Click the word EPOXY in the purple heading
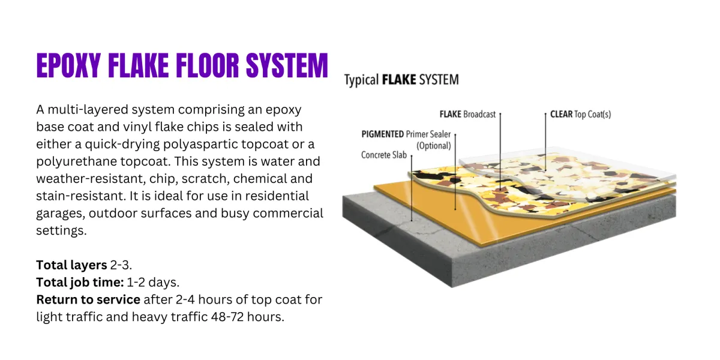point(68,65)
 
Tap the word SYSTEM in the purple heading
point(287,65)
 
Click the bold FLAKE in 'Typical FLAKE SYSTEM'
point(399,80)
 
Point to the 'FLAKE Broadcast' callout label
point(467,115)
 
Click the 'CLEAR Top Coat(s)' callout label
point(581,115)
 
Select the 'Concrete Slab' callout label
point(384,155)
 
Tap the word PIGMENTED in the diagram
point(383,134)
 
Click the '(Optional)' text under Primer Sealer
point(434,146)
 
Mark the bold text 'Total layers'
point(71,265)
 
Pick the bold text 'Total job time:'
point(80,283)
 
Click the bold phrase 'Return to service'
point(88,299)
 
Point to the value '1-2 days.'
point(153,283)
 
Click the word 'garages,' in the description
point(61,214)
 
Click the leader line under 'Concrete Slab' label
point(412,188)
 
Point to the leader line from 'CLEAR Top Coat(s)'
point(545,142)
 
